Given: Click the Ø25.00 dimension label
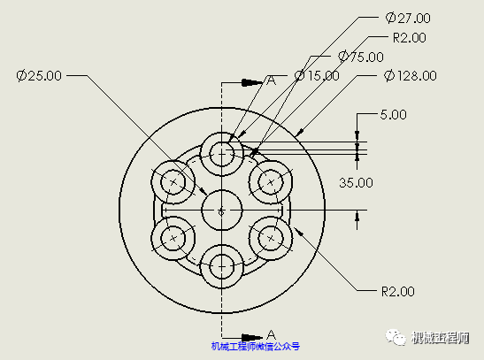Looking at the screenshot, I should click(x=39, y=76).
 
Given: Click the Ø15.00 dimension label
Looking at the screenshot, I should click(x=317, y=76).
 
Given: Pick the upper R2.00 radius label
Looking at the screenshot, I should click(x=409, y=37).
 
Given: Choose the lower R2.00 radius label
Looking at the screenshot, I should click(x=397, y=290).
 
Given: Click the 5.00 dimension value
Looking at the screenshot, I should click(x=393, y=114).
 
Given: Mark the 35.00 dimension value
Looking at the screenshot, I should click(x=357, y=182).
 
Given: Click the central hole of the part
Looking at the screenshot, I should click(x=221, y=211).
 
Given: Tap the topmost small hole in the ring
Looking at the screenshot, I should click(x=221, y=154).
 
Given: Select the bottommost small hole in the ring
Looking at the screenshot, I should click(x=221, y=266).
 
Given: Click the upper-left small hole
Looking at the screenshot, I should click(x=173, y=182).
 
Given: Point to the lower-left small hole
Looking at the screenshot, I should click(x=173, y=238).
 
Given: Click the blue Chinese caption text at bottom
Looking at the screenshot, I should click(x=255, y=348).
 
